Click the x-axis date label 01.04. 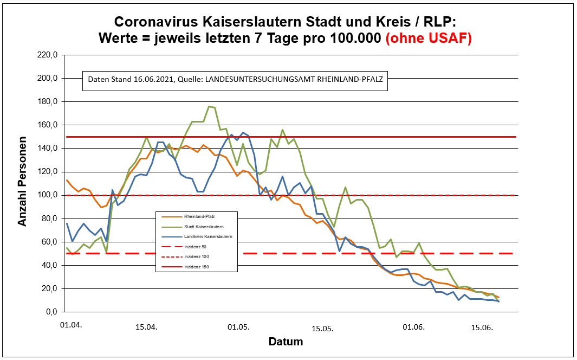[x=71, y=325]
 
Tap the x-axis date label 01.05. [x=238, y=327]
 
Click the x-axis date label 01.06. [x=413, y=327]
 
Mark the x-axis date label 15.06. [x=481, y=327]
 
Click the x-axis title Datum [x=286, y=342]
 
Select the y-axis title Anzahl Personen [x=23, y=184]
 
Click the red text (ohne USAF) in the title [x=428, y=38]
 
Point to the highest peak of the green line [x=210, y=107]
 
